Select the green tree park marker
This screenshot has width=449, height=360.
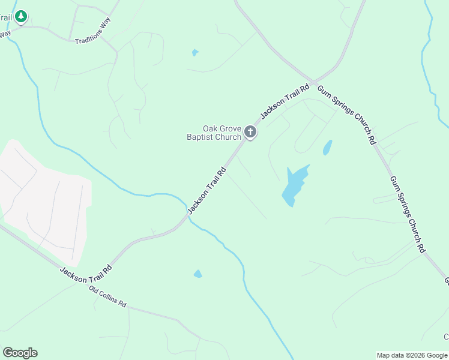22,16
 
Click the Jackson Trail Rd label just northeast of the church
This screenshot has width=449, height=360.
285,100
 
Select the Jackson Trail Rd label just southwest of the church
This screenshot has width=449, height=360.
207,190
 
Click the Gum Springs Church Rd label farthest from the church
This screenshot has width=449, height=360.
408,214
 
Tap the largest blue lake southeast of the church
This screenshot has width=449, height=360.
294,185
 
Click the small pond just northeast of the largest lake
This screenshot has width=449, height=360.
327,147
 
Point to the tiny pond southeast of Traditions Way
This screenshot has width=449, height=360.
195,53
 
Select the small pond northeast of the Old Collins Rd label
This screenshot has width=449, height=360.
197,274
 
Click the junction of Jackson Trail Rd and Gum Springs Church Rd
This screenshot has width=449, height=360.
313,82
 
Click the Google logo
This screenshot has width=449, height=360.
20,353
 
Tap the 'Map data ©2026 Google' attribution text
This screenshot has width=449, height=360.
412,355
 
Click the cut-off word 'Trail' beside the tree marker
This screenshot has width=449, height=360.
6,17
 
